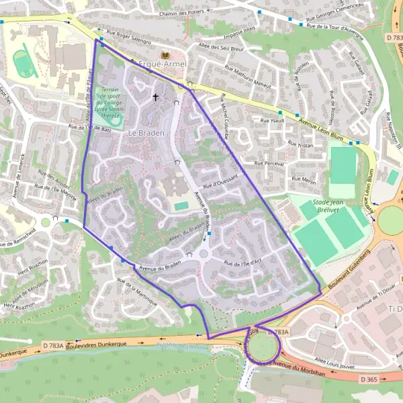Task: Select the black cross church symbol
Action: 156,97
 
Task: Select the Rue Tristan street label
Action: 300,143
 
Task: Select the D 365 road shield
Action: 369,379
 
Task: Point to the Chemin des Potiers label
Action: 182,13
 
